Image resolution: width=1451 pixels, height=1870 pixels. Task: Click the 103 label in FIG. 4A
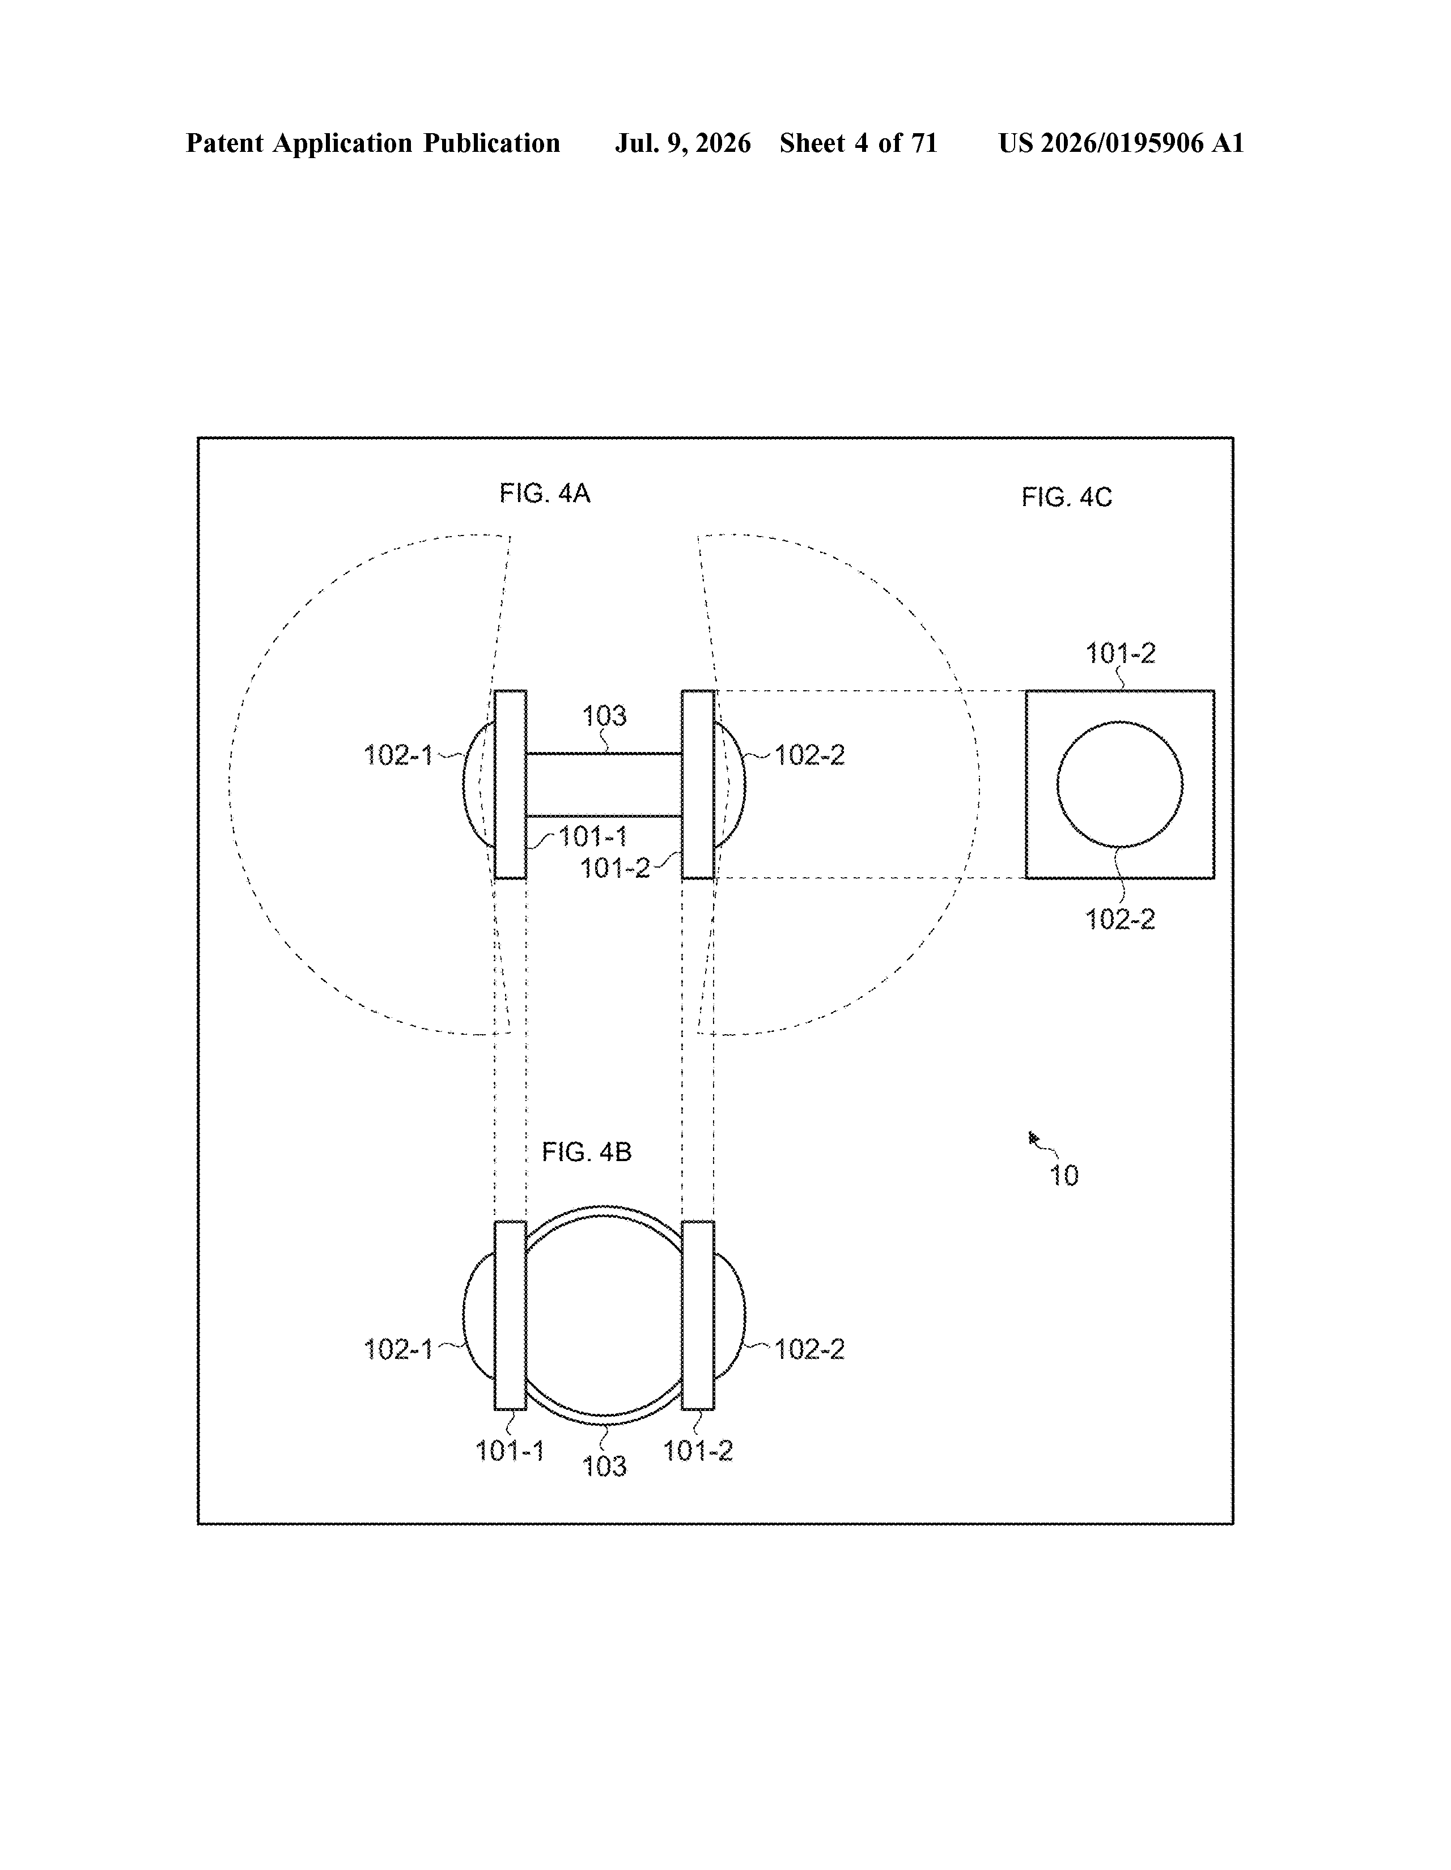coord(605,715)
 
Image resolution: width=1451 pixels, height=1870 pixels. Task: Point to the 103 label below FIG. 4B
coord(605,1466)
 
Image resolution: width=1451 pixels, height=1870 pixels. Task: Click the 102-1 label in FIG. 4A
coord(398,755)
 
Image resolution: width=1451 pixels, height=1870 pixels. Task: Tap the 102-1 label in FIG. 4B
coord(398,1349)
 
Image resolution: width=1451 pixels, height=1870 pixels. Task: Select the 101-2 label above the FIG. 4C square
coord(1121,653)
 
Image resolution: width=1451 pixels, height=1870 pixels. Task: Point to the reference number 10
coord(1064,1176)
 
